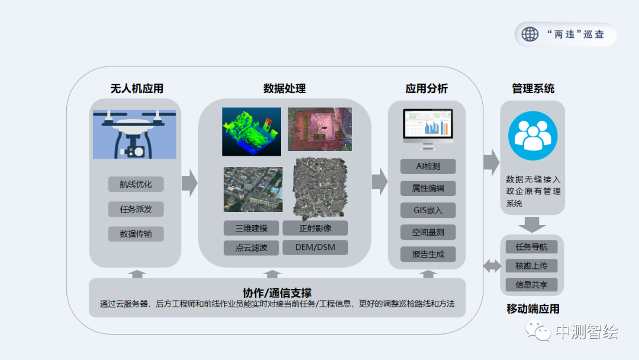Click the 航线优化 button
tap(135, 184)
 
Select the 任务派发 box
tap(135, 209)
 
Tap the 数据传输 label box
tap(135, 234)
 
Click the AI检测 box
tap(428, 166)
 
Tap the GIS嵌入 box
tap(428, 210)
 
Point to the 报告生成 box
tap(428, 255)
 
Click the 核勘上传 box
tap(531, 266)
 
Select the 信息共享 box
tap(531, 285)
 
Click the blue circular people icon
tap(532, 136)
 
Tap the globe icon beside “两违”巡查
tap(530, 34)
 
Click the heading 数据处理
tap(285, 89)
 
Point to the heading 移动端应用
tap(532, 309)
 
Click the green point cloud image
tap(251, 131)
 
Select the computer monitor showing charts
tap(428, 128)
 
